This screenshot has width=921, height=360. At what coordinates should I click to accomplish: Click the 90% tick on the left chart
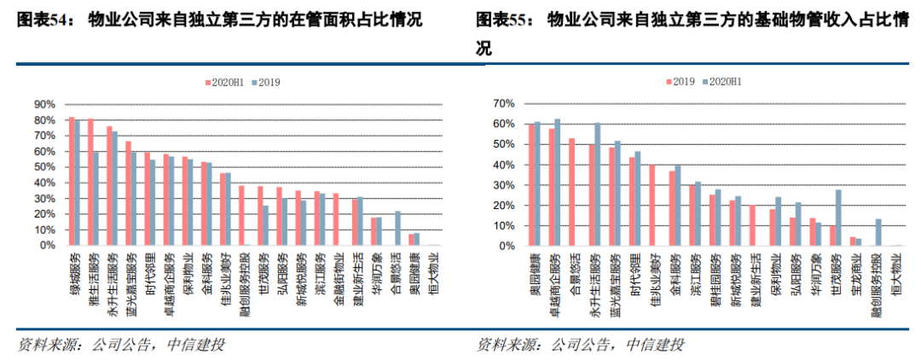click(x=44, y=104)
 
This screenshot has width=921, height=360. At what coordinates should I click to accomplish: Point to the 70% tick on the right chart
click(x=502, y=103)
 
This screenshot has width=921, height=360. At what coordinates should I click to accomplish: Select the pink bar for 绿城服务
click(x=72, y=181)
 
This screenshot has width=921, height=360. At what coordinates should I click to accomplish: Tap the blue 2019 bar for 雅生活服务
click(x=96, y=199)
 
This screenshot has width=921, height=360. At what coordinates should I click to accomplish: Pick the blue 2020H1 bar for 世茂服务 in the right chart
click(x=838, y=218)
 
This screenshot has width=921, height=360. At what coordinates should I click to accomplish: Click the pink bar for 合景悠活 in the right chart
click(x=571, y=192)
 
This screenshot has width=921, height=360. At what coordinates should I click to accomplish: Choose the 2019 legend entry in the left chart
click(x=265, y=82)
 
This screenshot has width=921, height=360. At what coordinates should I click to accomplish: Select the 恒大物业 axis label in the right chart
click(x=896, y=275)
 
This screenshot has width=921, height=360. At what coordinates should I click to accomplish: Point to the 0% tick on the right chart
click(x=505, y=247)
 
